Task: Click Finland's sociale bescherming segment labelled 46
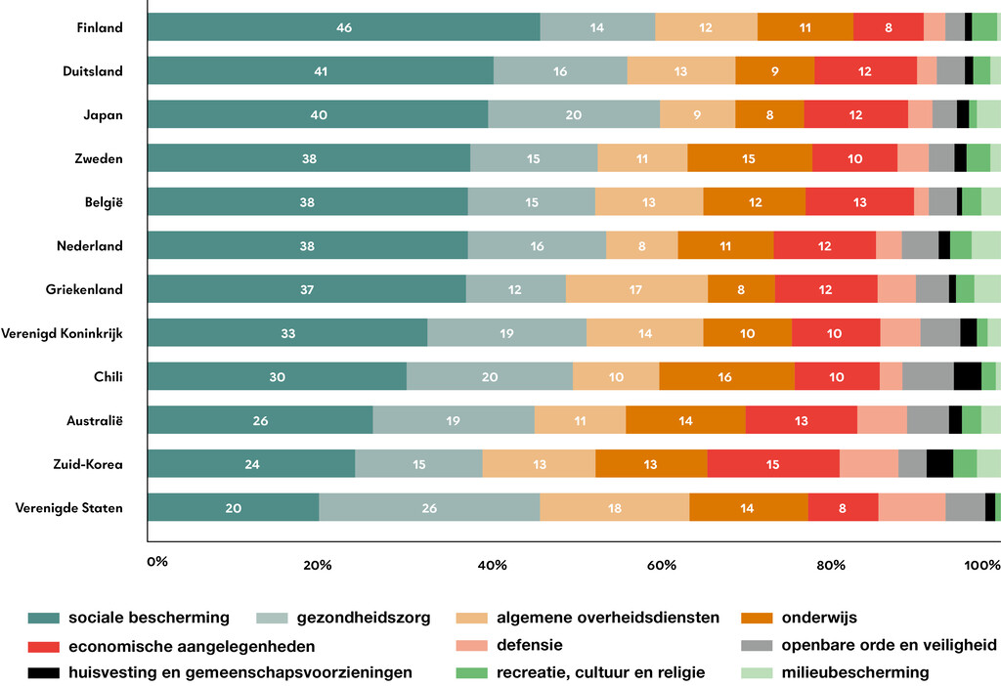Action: tap(343, 27)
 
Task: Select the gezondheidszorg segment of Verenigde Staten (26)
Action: tap(429, 507)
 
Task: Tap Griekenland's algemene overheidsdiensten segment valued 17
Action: tap(636, 289)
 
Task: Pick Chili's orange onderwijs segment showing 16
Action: tap(726, 376)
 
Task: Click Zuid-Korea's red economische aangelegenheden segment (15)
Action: tap(772, 464)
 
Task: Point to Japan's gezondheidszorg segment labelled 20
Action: tap(574, 114)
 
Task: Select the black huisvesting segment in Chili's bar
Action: tap(967, 376)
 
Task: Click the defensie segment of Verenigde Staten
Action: tap(911, 507)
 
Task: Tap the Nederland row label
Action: tap(90, 246)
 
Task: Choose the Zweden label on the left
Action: tap(100, 158)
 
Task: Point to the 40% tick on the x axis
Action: tap(491, 564)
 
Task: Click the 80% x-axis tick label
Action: tap(830, 564)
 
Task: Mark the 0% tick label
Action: tap(156, 562)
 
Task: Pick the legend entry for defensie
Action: tap(529, 646)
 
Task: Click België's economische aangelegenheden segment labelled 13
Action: tap(859, 202)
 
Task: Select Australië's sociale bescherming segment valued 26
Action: tap(259, 420)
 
